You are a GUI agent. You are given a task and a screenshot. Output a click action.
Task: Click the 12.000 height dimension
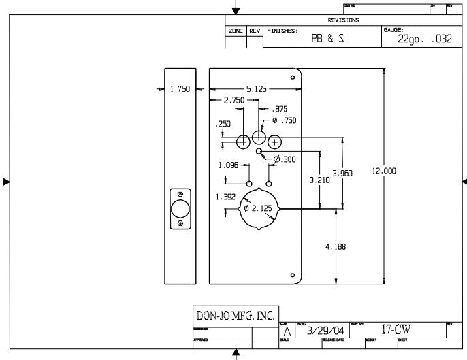384,171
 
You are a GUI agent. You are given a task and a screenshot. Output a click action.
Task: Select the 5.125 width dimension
257,89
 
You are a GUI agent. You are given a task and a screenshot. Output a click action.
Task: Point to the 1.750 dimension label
180,89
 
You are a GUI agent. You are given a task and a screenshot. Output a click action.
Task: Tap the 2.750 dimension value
234,100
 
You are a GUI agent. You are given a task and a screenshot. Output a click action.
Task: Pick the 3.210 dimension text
319,180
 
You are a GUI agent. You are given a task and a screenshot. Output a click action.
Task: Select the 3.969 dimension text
342,173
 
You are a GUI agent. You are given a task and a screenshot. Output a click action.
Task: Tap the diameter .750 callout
284,120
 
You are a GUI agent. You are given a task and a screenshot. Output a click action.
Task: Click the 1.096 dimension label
228,165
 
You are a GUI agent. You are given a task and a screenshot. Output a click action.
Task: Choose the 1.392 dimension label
225,196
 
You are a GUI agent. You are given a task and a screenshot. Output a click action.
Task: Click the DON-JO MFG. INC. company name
235,315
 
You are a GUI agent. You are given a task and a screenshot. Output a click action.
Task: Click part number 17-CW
396,330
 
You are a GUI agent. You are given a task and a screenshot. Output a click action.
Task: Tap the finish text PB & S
327,39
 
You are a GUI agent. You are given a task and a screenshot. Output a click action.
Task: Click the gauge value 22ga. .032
425,39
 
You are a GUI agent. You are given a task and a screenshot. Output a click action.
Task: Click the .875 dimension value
280,109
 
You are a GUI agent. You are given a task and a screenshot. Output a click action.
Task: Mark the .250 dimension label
223,124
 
